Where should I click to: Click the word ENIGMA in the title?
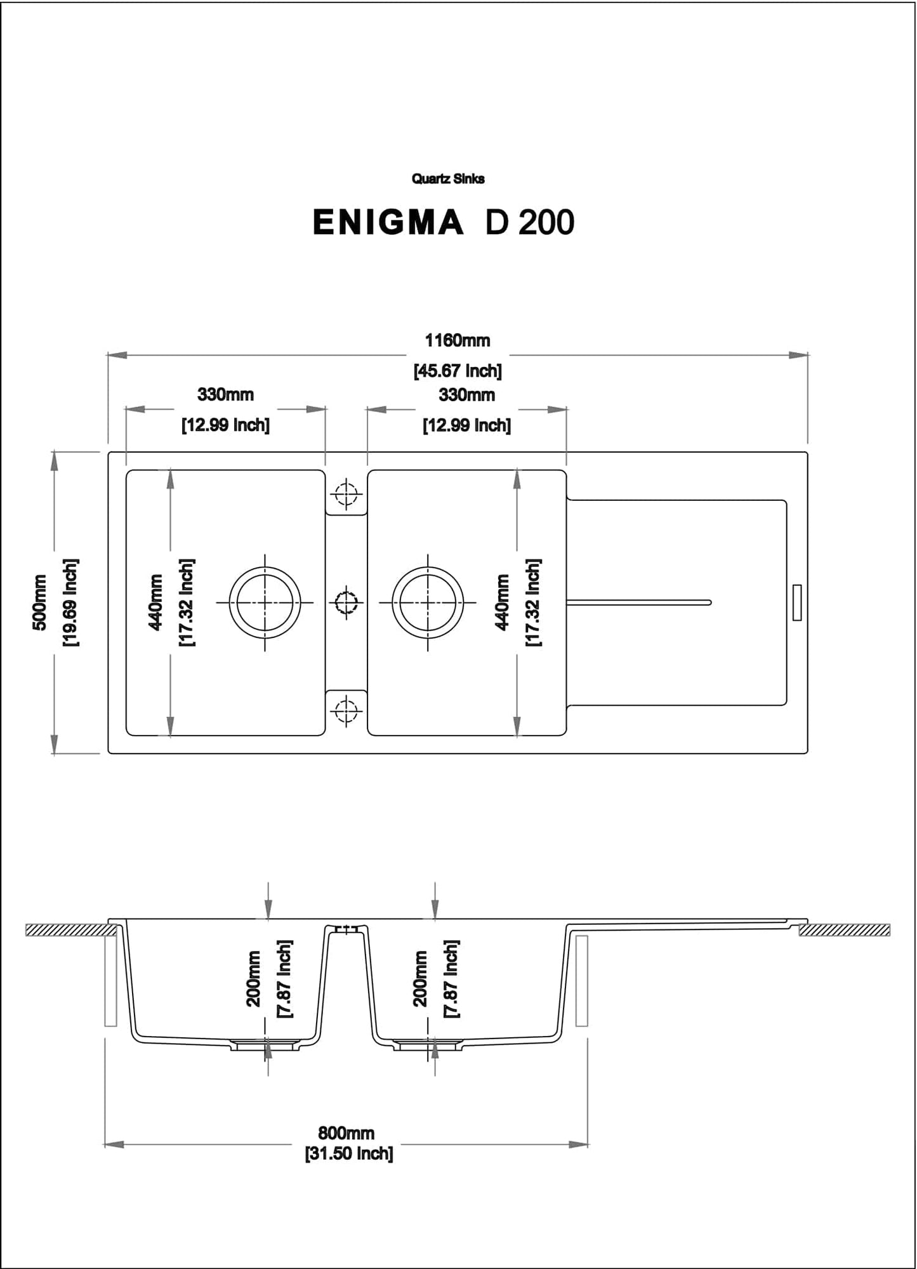[388, 223]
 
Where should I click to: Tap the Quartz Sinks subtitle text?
[448, 179]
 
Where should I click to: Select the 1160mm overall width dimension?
[457, 341]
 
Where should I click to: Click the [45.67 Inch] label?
[457, 371]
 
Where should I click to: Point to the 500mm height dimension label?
[39, 602]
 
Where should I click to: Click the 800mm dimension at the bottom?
[346, 1133]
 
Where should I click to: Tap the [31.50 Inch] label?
[349, 1153]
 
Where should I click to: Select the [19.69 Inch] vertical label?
[70, 602]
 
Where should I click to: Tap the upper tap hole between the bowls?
[346, 493]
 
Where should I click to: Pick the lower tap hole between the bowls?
[346, 710]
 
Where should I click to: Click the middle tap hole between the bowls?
[346, 602]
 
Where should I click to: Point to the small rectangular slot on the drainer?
[797, 602]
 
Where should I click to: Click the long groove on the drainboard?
[638, 602]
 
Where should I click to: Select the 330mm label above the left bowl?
[225, 395]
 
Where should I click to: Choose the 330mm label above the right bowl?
[466, 395]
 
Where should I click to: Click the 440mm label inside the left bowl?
[155, 602]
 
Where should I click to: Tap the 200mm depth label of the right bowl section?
[420, 978]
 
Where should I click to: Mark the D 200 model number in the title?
[529, 223]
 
